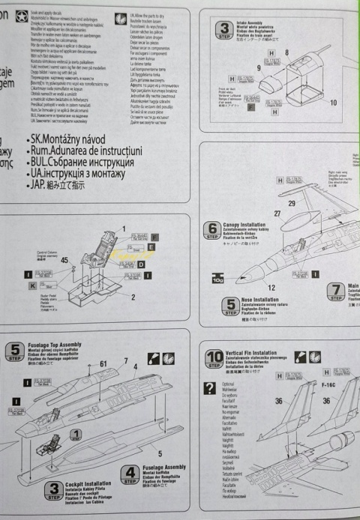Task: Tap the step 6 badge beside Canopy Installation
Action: [x=213, y=230]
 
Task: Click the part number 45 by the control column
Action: [x=64, y=260]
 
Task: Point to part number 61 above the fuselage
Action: [x=103, y=363]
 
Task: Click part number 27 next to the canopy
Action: [x=277, y=214]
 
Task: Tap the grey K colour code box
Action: [x=32, y=285]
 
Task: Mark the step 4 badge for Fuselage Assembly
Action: [x=130, y=475]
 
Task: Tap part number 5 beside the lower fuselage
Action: [x=161, y=453]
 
